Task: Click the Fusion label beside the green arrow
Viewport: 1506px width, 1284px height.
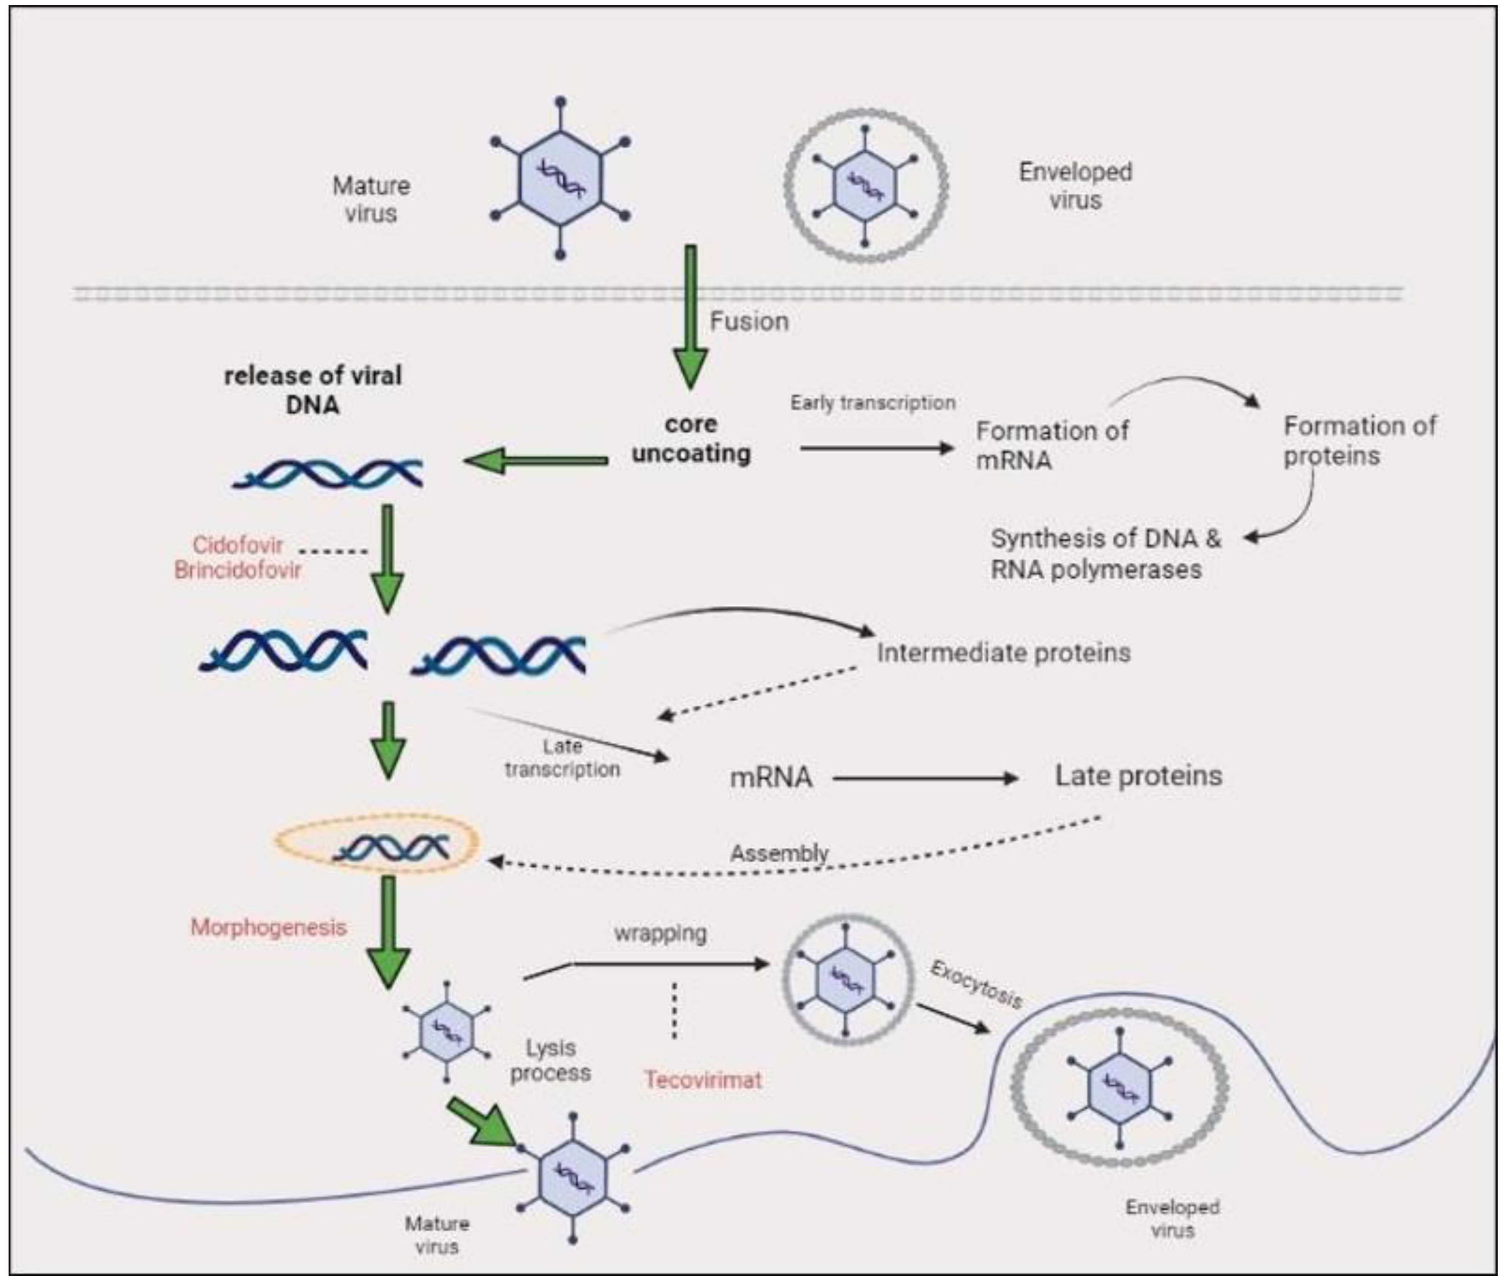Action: point(749,321)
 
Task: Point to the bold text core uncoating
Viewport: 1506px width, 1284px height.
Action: point(691,439)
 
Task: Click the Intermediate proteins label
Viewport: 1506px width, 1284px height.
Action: point(1003,652)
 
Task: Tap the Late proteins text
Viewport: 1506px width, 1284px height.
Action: point(1138,776)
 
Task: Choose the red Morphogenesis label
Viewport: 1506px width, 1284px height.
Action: point(268,927)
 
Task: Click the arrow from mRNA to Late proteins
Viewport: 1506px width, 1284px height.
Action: point(925,778)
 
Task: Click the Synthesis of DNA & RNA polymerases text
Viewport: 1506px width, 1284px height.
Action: point(1105,554)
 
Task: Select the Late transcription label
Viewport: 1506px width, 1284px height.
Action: point(562,758)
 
